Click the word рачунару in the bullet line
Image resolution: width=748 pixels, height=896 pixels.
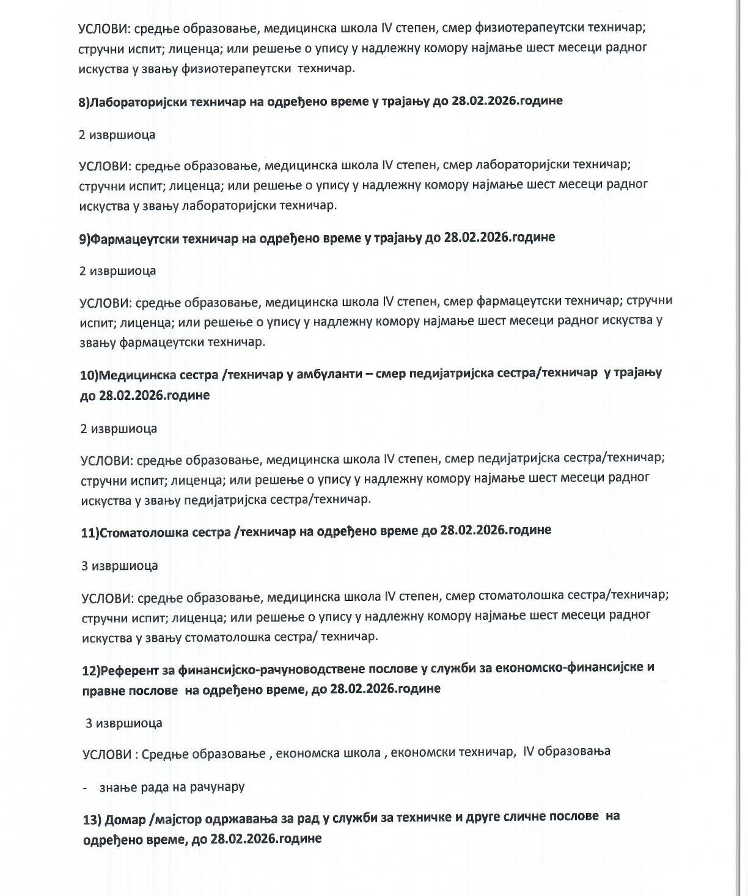[x=218, y=787]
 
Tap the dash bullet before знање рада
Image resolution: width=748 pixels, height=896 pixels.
[x=86, y=787]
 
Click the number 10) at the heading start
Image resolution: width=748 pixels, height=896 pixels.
[x=89, y=374]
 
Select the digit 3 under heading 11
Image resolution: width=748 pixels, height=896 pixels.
[x=85, y=566]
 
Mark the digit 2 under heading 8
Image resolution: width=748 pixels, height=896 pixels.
[x=82, y=134]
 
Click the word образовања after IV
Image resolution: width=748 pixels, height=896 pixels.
[x=574, y=751]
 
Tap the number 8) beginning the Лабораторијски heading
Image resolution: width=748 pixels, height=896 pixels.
[x=84, y=102]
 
